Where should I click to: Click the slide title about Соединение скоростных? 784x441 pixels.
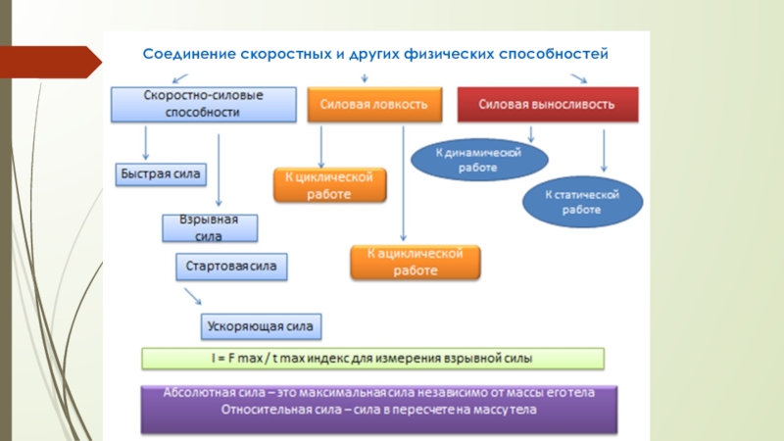376,54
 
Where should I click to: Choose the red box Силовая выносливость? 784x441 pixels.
547,104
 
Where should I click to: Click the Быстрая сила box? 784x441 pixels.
160,174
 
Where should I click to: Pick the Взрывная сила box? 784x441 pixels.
209,228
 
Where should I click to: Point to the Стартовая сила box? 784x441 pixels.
232,265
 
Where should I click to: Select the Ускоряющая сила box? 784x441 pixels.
262,324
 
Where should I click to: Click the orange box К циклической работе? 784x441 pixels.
329,184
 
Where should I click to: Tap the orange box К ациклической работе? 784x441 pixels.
416,262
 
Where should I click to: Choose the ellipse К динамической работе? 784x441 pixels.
478,160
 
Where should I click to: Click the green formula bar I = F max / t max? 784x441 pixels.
373,358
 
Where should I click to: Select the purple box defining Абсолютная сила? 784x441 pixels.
380,409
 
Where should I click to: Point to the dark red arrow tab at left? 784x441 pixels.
49,61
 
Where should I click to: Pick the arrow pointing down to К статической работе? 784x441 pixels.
603,153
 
